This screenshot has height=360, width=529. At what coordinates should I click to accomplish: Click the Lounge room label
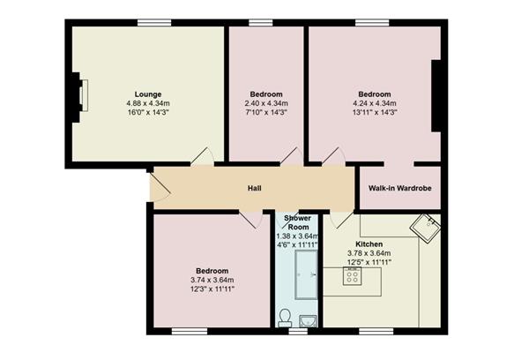click(148, 94)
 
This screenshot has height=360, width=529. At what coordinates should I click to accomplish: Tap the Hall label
click(255, 188)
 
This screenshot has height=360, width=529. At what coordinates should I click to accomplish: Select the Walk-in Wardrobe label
click(399, 188)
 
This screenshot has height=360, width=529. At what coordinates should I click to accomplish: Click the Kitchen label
click(369, 244)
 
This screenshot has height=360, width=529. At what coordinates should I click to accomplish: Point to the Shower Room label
click(298, 222)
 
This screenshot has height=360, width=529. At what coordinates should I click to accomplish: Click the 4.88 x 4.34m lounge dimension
click(148, 103)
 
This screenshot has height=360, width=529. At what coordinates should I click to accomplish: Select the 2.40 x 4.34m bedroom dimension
click(266, 103)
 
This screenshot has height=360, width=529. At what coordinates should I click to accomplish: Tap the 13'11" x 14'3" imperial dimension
click(375, 112)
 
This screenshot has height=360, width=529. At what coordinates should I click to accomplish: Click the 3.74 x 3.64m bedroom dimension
click(212, 280)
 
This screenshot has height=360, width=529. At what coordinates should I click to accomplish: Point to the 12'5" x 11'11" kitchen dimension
click(369, 262)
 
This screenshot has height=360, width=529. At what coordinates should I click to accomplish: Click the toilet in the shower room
click(285, 318)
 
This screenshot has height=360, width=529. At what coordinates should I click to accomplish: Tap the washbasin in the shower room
click(308, 321)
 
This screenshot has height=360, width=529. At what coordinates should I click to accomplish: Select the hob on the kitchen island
click(352, 276)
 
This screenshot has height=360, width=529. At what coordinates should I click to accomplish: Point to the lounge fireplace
click(79, 97)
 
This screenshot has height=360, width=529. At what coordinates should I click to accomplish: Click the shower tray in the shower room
click(306, 275)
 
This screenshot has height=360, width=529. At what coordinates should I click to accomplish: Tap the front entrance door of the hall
click(160, 188)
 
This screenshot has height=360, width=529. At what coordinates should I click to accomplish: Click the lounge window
click(154, 23)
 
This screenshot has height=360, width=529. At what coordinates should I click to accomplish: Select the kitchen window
click(376, 331)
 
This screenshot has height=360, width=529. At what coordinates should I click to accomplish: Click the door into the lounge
click(203, 156)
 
